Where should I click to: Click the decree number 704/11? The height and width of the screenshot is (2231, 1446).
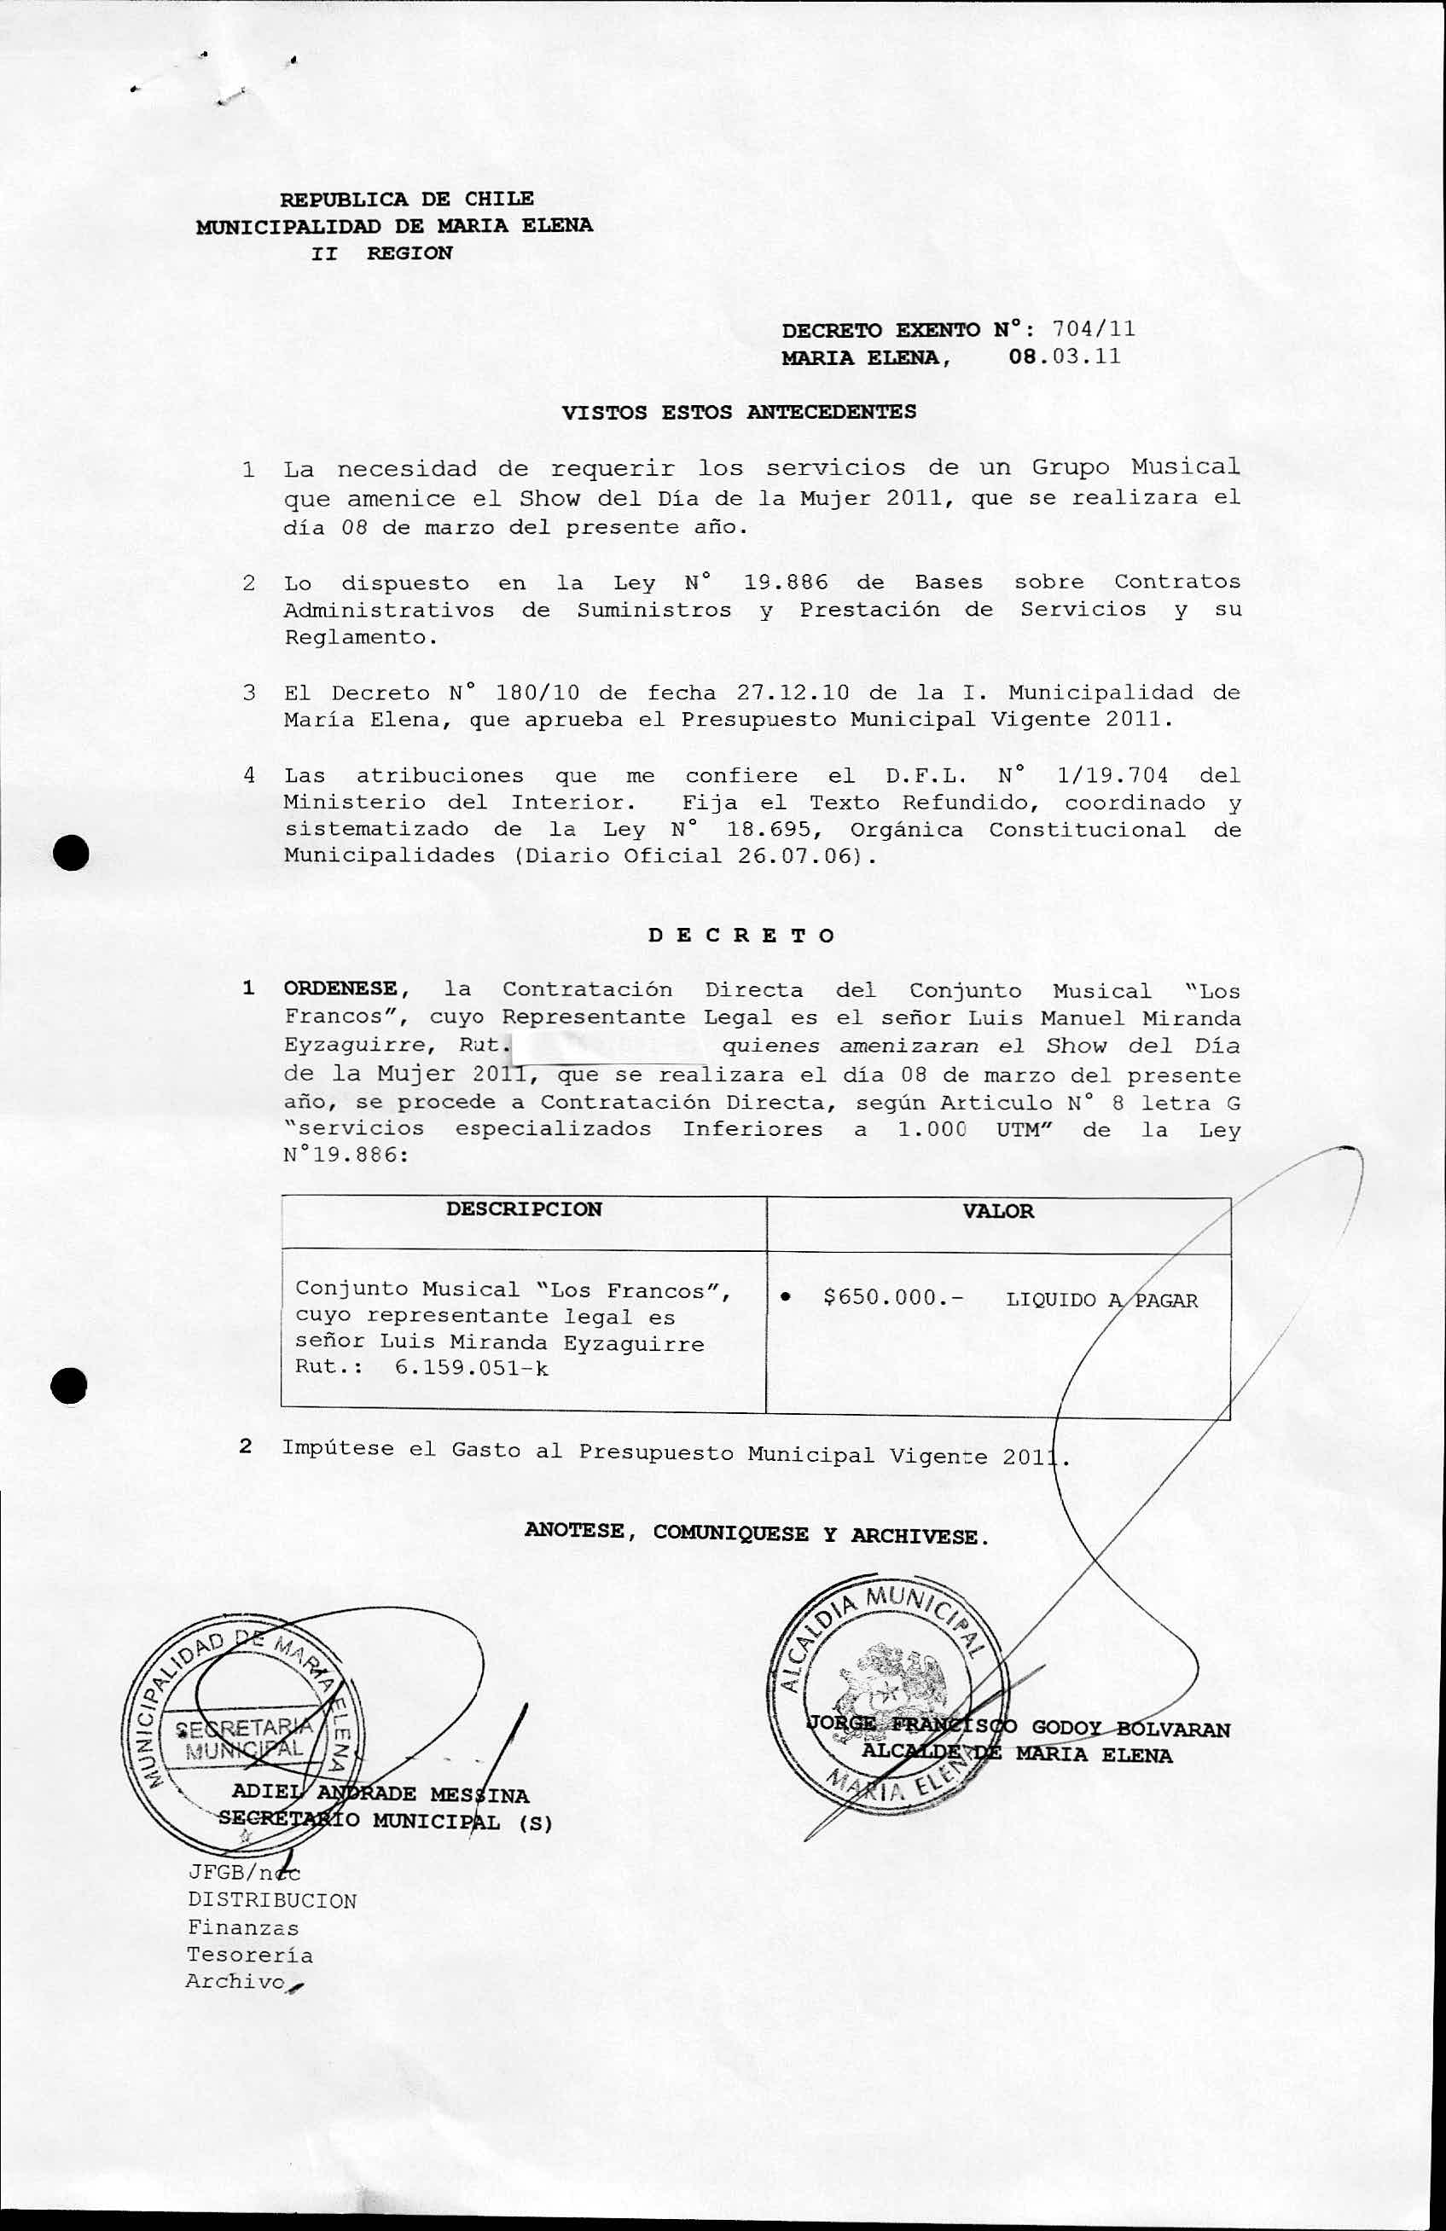1094,329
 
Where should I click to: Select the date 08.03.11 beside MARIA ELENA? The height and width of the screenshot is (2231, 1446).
1065,357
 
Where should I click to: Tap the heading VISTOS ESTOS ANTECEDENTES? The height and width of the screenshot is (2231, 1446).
739,412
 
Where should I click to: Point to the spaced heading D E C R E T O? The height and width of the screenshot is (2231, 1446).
740,936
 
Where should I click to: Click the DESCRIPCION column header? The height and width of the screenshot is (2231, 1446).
523,1209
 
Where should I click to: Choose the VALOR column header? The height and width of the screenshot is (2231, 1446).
998,1211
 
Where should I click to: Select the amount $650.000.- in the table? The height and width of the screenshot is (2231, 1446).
892,1297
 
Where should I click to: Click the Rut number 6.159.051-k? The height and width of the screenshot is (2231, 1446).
472,1368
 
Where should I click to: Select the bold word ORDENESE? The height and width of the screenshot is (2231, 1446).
340,989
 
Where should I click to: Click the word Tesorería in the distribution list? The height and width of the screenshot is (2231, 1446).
249,1956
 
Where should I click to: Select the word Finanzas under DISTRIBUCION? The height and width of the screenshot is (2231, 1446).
243,1928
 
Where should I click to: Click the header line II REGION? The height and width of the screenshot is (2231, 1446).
381,253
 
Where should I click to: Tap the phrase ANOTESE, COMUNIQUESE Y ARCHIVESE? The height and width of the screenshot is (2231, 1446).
757,1534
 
